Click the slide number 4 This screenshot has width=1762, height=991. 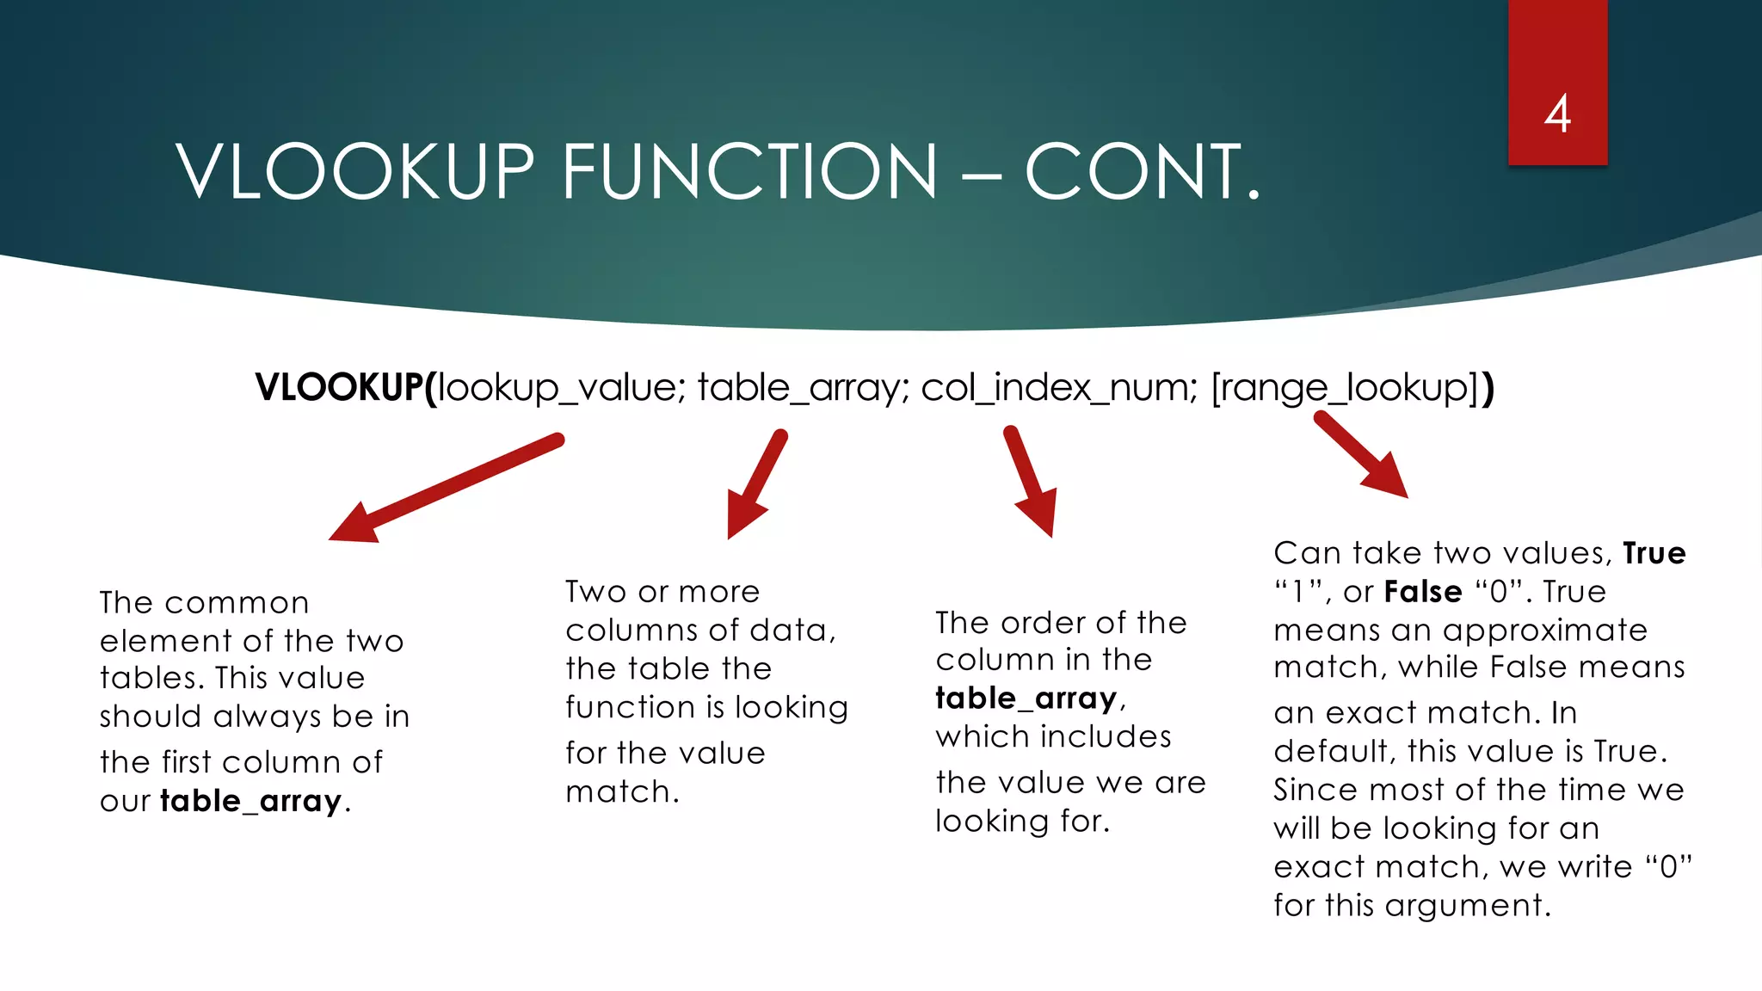(1557, 114)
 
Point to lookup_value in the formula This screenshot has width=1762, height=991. (557, 388)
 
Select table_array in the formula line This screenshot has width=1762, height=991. (798, 388)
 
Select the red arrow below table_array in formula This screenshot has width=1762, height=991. (756, 485)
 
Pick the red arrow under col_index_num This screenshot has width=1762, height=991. (1031, 482)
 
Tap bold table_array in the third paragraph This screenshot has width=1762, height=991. (1026, 699)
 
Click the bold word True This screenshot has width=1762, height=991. (1654, 553)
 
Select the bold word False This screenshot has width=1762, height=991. (1423, 592)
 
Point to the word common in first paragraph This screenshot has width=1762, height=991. (237, 603)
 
